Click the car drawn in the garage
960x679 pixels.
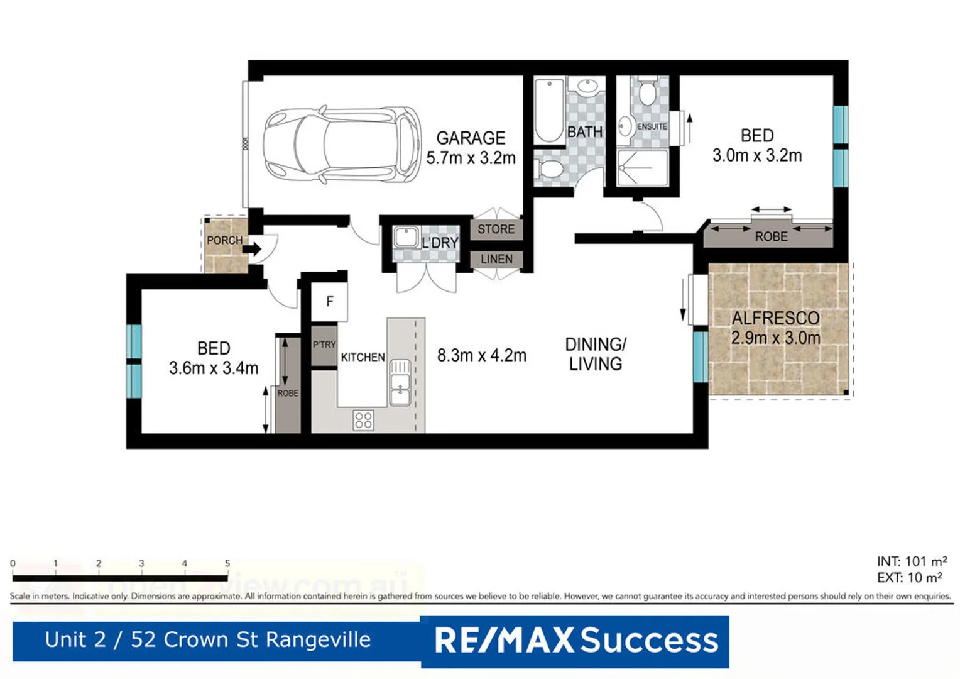click(x=342, y=145)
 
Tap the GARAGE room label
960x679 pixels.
click(x=471, y=138)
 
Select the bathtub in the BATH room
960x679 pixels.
click(x=549, y=111)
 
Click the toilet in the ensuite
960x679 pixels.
click(x=647, y=93)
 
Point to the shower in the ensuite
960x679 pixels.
click(x=642, y=168)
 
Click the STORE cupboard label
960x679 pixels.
click(x=496, y=229)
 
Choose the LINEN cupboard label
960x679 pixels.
click(x=496, y=259)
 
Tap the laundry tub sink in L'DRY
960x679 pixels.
click(x=406, y=238)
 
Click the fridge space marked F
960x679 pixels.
click(x=330, y=302)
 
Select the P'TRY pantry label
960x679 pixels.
click(x=324, y=345)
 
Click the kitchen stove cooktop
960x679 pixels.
click(x=363, y=420)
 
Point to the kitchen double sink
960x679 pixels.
click(x=400, y=382)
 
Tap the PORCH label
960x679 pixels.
click(x=224, y=240)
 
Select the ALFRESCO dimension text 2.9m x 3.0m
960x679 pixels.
click(x=775, y=338)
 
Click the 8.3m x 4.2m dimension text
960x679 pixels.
click(x=482, y=355)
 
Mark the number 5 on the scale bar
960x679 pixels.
click(x=227, y=563)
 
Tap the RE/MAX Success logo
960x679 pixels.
click(x=575, y=641)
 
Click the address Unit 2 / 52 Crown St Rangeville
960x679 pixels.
click(x=207, y=639)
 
